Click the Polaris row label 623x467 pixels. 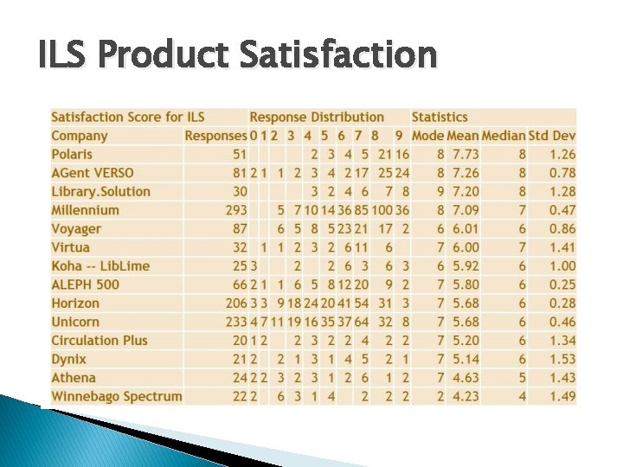coord(72,154)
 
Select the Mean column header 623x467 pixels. coord(463,136)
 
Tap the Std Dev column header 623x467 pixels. coord(552,136)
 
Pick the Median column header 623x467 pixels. coord(504,136)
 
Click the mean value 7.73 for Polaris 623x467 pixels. coord(465,154)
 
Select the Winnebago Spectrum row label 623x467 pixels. coord(117,396)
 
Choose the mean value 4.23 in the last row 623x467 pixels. coord(465,396)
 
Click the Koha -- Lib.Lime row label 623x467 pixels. coord(101,265)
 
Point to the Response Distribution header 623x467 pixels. coord(317,117)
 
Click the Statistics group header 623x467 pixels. coord(440,117)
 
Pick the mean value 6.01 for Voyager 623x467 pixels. coord(465,229)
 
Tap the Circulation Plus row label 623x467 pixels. coord(100,341)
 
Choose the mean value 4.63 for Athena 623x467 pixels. coord(465,378)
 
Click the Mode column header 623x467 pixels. coord(427,136)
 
